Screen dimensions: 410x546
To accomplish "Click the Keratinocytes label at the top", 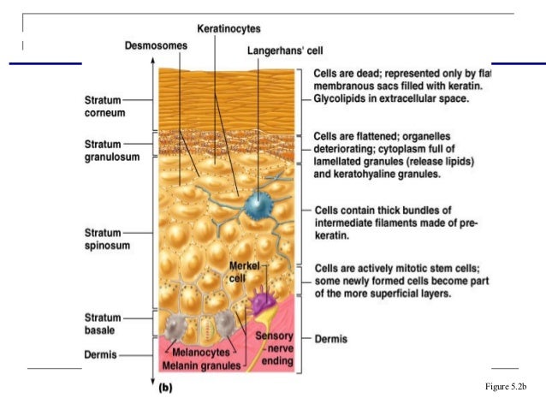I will (228, 29).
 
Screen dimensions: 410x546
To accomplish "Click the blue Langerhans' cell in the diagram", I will (255, 205).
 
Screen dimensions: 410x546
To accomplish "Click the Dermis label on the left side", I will (99, 353).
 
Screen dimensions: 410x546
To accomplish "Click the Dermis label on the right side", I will (331, 339).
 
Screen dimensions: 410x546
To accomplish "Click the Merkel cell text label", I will (244, 271).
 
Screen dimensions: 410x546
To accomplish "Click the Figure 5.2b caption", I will (505, 388).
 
